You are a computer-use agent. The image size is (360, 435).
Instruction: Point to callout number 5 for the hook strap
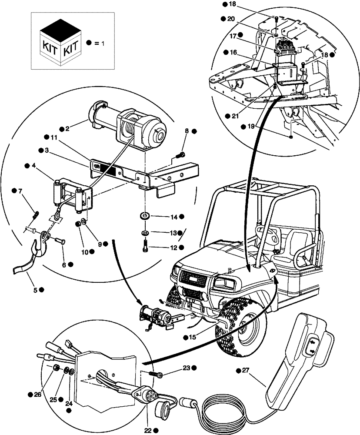coord(40,289)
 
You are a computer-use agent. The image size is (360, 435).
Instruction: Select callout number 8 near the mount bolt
coord(187,130)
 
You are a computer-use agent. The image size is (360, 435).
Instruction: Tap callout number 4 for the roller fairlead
coord(34,165)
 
